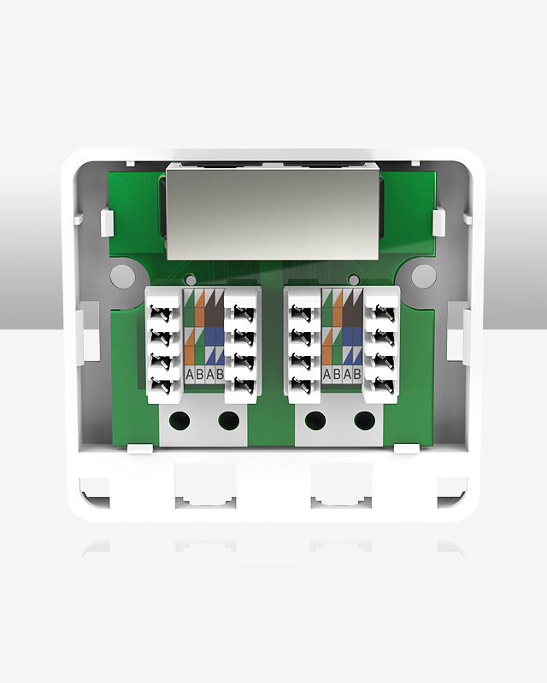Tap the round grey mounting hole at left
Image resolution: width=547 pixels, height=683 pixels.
pyautogui.click(x=123, y=275)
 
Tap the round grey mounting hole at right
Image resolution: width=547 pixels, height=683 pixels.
pyautogui.click(x=423, y=275)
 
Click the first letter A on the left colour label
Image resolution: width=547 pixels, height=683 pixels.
pyautogui.click(x=189, y=374)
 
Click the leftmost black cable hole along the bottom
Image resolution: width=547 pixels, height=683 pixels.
pyautogui.click(x=179, y=420)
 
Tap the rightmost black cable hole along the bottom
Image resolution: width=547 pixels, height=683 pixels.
pyautogui.click(x=365, y=420)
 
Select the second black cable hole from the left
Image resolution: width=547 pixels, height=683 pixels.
pyautogui.click(x=228, y=420)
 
